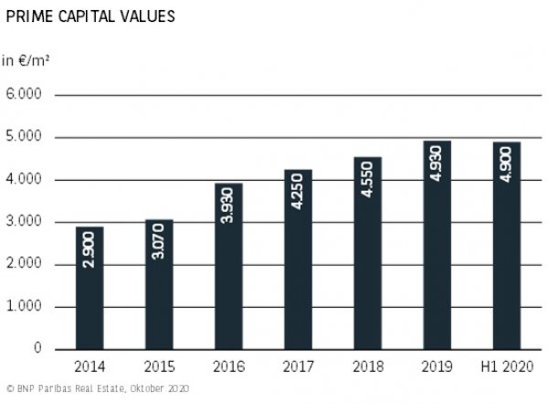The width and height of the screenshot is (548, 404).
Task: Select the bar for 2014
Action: click(89, 288)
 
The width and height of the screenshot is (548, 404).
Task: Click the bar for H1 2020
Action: click(507, 246)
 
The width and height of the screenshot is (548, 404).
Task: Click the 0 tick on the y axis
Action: click(37, 349)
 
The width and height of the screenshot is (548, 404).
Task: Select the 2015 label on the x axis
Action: click(159, 367)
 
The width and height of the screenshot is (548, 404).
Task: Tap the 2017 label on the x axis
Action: click(298, 367)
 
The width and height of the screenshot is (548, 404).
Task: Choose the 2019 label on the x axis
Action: click(437, 367)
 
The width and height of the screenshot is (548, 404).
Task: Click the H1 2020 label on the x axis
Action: click(507, 367)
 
